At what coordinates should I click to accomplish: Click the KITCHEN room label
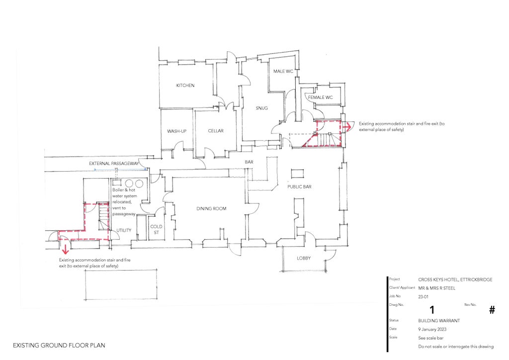coord(185,86)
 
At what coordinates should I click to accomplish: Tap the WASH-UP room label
coord(176,131)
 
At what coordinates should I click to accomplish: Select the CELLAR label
coord(216,131)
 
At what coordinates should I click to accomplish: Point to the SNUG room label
coord(262,108)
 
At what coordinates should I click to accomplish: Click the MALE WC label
coord(283,72)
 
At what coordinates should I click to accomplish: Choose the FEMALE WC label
coord(320,97)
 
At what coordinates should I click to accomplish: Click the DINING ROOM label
coord(211,208)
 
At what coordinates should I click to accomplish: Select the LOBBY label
coord(304,258)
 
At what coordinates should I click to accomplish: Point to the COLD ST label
coord(157,229)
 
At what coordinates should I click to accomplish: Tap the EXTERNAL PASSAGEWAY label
coord(113,163)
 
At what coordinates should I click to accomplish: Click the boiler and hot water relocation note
coord(124,202)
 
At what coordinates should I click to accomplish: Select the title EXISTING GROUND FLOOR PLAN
coord(59,345)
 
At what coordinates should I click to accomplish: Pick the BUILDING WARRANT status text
coord(439,321)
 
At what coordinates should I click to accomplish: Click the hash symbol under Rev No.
coord(492,310)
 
